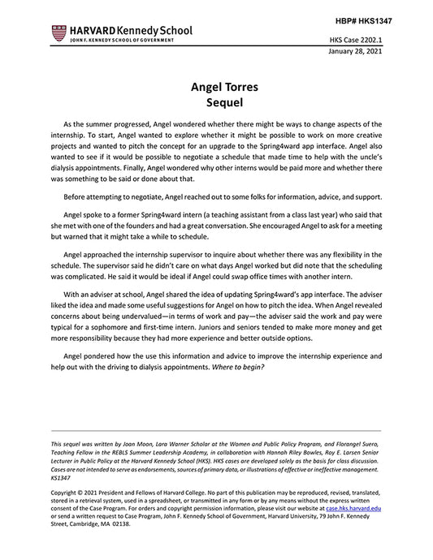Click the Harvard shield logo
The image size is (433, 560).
(58, 32)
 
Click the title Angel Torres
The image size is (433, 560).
(216, 86)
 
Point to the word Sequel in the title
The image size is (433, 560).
(216, 103)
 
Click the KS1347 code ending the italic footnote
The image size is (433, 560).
(62, 478)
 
